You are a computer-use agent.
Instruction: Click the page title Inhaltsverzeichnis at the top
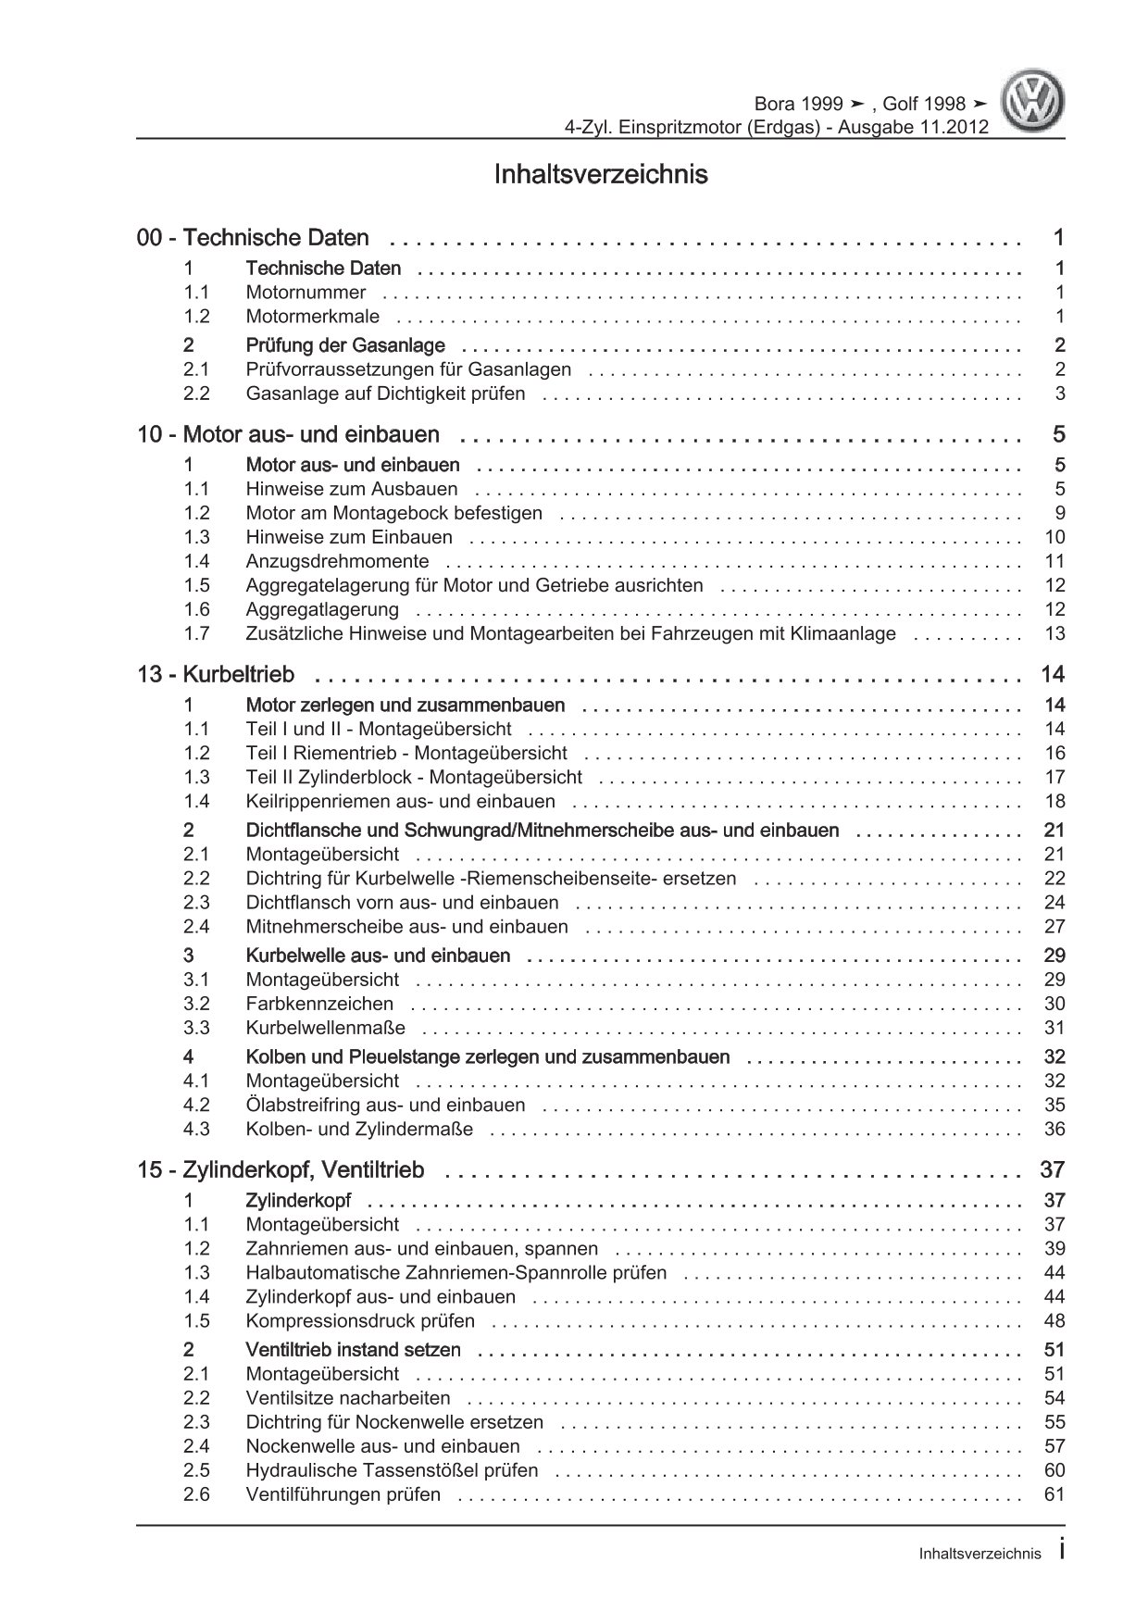(x=601, y=174)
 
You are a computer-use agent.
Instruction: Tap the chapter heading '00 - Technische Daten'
(x=253, y=238)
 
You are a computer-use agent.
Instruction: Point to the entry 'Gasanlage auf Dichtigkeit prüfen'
(x=385, y=394)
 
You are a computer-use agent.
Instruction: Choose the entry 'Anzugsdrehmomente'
(x=337, y=561)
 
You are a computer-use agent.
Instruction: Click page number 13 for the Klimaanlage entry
(x=1054, y=633)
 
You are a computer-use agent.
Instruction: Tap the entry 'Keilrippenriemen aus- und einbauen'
(x=400, y=802)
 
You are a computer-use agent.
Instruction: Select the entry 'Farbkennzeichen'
(x=319, y=1004)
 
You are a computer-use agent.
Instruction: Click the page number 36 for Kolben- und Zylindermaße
(x=1054, y=1130)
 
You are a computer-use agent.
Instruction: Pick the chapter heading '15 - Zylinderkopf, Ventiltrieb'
(x=281, y=1171)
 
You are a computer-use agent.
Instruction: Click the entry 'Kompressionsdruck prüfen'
(x=360, y=1321)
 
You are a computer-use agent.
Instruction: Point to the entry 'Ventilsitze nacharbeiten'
(x=348, y=1399)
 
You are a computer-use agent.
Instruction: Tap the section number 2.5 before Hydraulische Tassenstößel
(x=196, y=1471)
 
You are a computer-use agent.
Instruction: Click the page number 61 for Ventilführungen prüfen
(x=1054, y=1495)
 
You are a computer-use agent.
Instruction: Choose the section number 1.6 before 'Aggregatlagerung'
(x=196, y=609)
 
